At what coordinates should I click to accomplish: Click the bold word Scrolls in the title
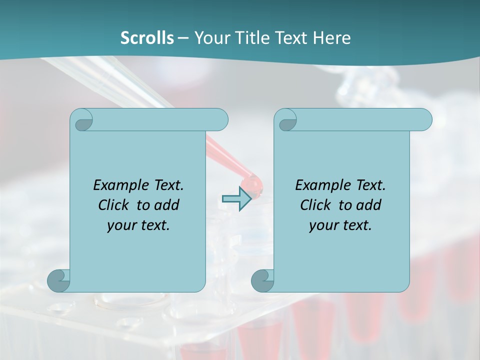coord(147,38)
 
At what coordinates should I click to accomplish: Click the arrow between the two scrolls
coord(236,199)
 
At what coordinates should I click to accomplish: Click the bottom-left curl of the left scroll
coord(58,280)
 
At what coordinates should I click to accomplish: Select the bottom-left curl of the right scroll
coord(262,280)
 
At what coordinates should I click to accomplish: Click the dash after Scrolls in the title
coord(183,38)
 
